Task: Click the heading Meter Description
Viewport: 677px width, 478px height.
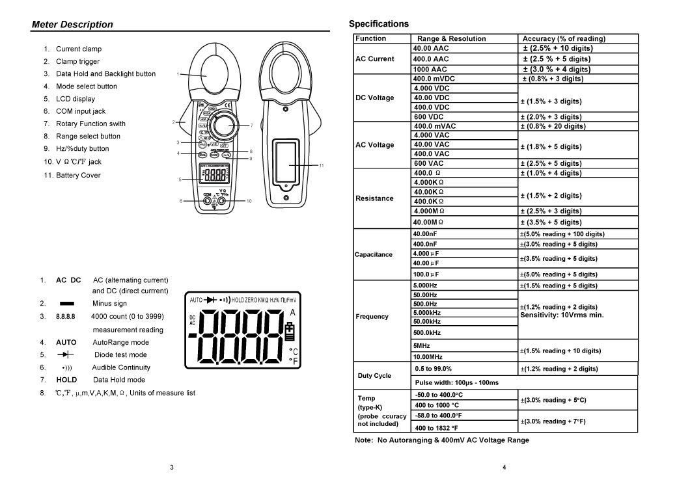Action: pyautogui.click(x=72, y=25)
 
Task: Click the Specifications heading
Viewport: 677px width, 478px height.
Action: pyautogui.click(x=379, y=24)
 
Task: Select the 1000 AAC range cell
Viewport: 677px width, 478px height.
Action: pyautogui.click(x=430, y=69)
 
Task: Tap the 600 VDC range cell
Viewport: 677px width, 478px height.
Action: pyautogui.click(x=431, y=117)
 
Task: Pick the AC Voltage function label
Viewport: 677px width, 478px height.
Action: pyautogui.click(x=374, y=145)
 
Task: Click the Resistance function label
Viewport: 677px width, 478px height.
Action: pyautogui.click(x=374, y=198)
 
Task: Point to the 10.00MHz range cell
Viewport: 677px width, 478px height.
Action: pyautogui.click(x=428, y=356)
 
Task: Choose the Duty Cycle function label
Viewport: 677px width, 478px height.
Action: pyautogui.click(x=374, y=376)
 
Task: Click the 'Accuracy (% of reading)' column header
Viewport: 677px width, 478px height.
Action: pyautogui.click(x=564, y=39)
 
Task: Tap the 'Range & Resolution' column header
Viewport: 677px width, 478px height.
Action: pyautogui.click(x=451, y=39)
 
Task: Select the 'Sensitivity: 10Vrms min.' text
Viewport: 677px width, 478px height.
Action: pyautogui.click(x=562, y=315)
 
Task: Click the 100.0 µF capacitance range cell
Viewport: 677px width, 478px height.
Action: pyautogui.click(x=427, y=274)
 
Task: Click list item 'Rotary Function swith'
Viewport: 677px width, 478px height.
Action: pyautogui.click(x=90, y=124)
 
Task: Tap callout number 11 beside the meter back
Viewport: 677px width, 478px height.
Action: pyautogui.click(x=322, y=166)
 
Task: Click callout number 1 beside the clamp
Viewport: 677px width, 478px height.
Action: pyautogui.click(x=178, y=74)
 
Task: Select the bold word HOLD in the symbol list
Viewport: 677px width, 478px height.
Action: pyautogui.click(x=66, y=380)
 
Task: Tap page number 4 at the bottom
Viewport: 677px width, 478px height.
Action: pyautogui.click(x=504, y=467)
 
